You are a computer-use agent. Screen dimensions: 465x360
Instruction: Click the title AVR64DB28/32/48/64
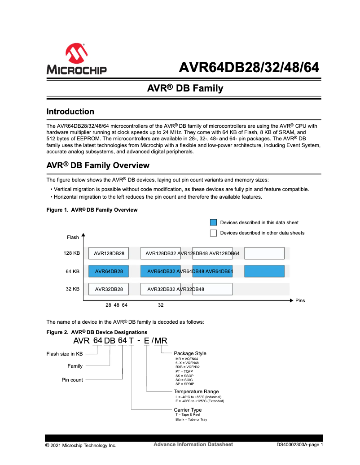(x=249, y=67)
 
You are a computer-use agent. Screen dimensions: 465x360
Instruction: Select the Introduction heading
(x=70, y=112)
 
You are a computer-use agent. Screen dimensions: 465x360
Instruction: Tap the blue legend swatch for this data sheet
(x=214, y=222)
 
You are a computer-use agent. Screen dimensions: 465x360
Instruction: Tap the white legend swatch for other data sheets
(x=214, y=233)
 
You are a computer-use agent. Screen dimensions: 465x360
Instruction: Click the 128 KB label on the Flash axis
(x=72, y=253)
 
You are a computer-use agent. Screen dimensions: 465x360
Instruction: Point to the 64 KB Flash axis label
(x=73, y=271)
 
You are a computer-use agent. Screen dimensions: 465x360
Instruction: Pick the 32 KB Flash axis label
(x=73, y=289)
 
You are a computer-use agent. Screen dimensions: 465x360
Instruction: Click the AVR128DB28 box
(x=109, y=254)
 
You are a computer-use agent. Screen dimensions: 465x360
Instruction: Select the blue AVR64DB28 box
(x=109, y=271)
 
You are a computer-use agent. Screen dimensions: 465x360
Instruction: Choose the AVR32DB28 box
(x=109, y=289)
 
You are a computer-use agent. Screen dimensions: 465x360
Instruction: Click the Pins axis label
(x=300, y=300)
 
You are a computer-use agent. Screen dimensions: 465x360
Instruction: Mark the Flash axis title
(x=73, y=237)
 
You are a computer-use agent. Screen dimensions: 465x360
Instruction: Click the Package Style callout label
(x=190, y=353)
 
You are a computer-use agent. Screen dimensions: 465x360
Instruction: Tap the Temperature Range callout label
(x=196, y=391)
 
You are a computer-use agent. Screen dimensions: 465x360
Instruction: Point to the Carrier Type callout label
(x=188, y=410)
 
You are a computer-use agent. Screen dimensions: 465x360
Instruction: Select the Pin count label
(x=72, y=380)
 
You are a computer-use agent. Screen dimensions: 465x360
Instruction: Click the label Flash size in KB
(x=65, y=354)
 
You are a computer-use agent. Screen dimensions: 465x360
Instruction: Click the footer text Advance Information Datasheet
(x=193, y=444)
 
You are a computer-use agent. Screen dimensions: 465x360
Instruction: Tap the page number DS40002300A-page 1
(x=299, y=445)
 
